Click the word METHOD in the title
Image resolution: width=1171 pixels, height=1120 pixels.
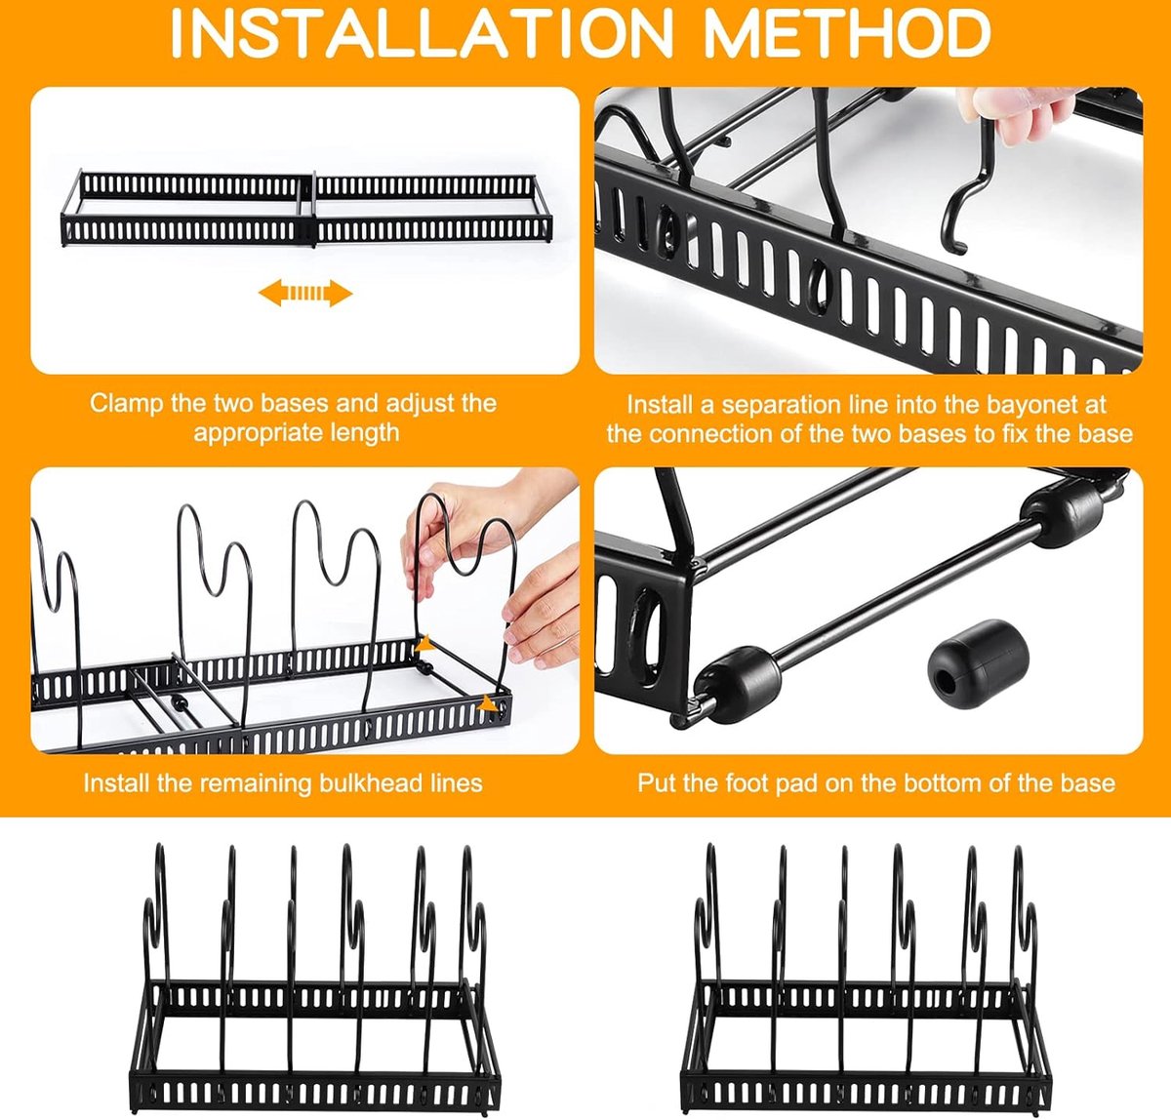click(x=847, y=34)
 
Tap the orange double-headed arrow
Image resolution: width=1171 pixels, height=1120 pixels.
click(x=305, y=293)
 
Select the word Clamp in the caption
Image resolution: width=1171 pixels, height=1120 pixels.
click(x=126, y=403)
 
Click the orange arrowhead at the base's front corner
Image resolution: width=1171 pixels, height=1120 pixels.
click(x=491, y=703)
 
